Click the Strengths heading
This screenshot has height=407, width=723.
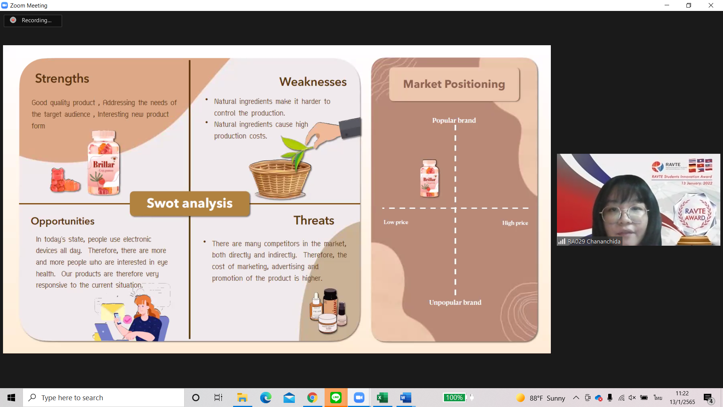pyautogui.click(x=62, y=78)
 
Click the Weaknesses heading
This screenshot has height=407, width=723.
pyautogui.click(x=313, y=82)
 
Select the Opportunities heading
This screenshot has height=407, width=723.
pyautogui.click(x=63, y=221)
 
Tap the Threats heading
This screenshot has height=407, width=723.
pyautogui.click(x=314, y=220)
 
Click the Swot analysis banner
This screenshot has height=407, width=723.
pyautogui.click(x=190, y=203)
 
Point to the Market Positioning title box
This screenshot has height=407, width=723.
pyautogui.click(x=454, y=84)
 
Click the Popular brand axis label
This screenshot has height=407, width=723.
pyautogui.click(x=454, y=120)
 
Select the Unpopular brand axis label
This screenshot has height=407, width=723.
pyautogui.click(x=455, y=302)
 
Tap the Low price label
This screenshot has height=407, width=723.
pyautogui.click(x=396, y=222)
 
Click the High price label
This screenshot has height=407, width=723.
pyautogui.click(x=515, y=223)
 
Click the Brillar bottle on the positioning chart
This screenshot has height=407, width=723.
pyautogui.click(x=429, y=178)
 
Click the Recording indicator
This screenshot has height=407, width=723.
pyautogui.click(x=33, y=20)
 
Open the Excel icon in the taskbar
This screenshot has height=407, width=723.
pyautogui.click(x=382, y=398)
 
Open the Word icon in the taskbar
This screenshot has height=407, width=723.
pyautogui.click(x=406, y=398)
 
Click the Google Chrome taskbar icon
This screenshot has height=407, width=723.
pyautogui.click(x=312, y=398)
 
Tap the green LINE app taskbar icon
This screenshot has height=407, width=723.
pyautogui.click(x=336, y=398)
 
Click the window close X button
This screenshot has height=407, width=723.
pyautogui.click(x=711, y=5)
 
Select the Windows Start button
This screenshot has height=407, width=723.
pyautogui.click(x=11, y=398)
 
